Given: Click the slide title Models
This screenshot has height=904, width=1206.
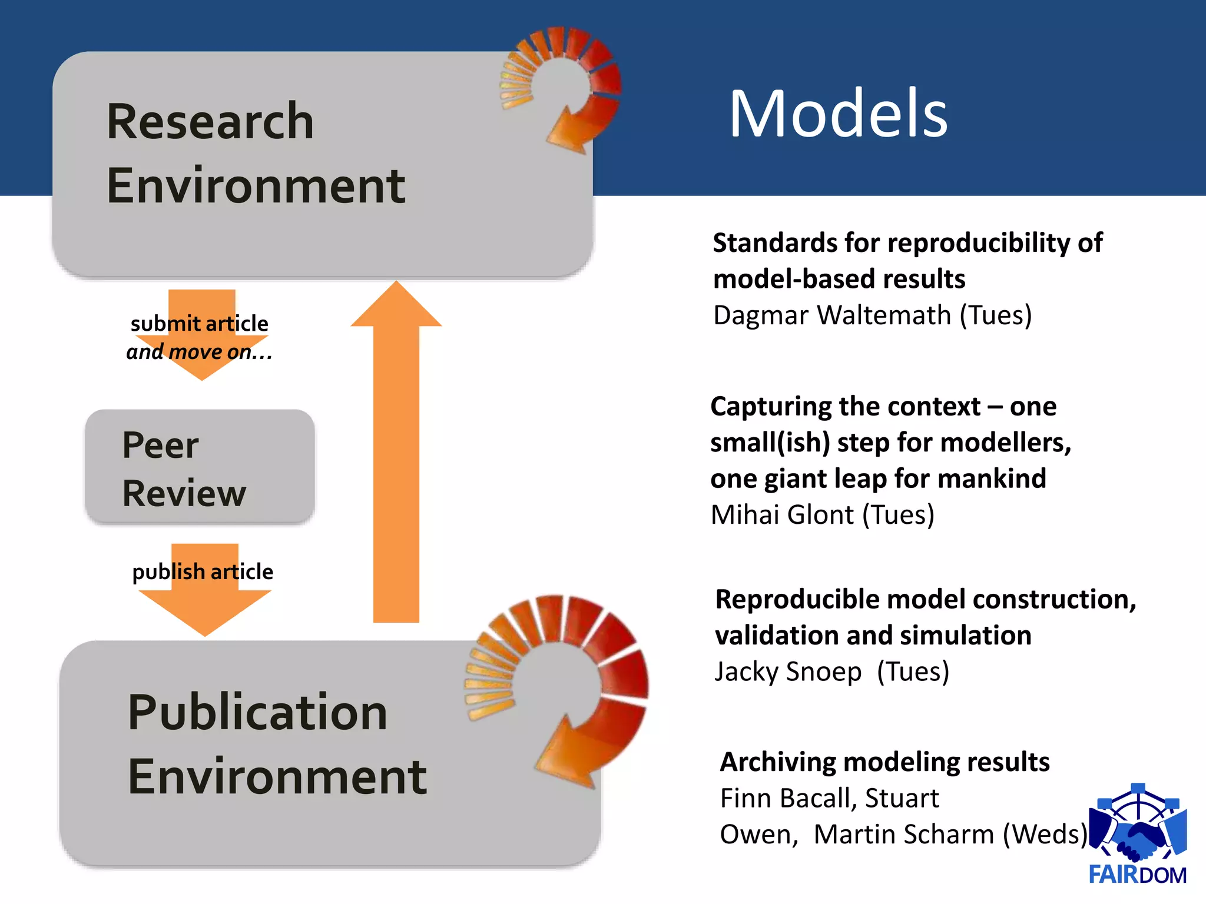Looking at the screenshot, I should [x=837, y=114].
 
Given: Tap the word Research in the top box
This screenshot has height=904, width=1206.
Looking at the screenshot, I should [x=210, y=121].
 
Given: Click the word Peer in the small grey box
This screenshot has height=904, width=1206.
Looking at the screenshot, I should [x=160, y=445].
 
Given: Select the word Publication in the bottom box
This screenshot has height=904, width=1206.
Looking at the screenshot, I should [x=257, y=712].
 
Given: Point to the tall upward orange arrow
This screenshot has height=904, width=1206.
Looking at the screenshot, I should [x=396, y=453].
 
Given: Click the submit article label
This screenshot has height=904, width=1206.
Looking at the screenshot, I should [x=199, y=324].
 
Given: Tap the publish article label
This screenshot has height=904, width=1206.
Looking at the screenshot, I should [x=203, y=571].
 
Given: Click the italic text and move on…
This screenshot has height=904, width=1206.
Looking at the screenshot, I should [x=199, y=352].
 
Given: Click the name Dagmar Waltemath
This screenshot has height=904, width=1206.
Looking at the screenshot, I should [x=832, y=315].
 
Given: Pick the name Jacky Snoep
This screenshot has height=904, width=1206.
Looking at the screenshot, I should [x=788, y=672].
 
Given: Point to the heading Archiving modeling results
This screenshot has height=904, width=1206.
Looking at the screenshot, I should [x=884, y=762].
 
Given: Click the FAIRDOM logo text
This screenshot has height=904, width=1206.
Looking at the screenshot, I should [x=1137, y=875].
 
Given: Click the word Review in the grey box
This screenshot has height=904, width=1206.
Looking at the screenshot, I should [x=184, y=493].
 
